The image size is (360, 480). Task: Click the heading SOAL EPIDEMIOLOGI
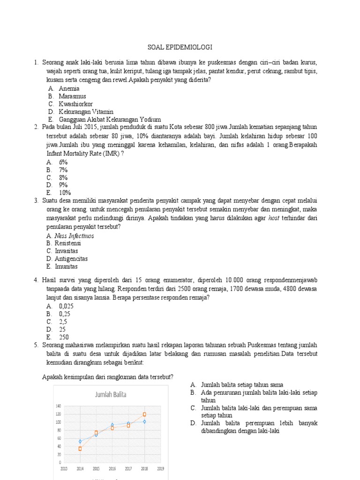click(x=180, y=48)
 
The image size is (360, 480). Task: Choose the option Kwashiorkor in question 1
click(x=75, y=104)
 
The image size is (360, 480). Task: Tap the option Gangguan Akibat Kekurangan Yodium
click(x=110, y=120)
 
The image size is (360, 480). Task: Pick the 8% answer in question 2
click(x=63, y=177)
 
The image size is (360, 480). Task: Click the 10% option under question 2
click(x=65, y=193)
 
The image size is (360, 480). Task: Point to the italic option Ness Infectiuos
click(x=74, y=236)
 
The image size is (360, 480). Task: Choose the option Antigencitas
click(x=71, y=259)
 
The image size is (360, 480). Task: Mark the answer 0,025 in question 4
click(x=66, y=306)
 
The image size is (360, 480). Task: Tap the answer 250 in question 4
click(x=64, y=337)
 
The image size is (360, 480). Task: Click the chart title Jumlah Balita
click(x=111, y=395)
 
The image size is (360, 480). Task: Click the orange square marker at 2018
click(x=144, y=414)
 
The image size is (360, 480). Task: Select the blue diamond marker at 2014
click(x=80, y=442)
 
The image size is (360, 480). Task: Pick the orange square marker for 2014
click(x=80, y=449)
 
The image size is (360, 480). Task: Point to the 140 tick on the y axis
click(x=58, y=406)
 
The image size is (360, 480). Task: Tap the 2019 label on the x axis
click(x=160, y=468)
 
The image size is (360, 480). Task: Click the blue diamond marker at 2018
click(x=144, y=421)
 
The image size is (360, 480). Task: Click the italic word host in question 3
click(x=274, y=218)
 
